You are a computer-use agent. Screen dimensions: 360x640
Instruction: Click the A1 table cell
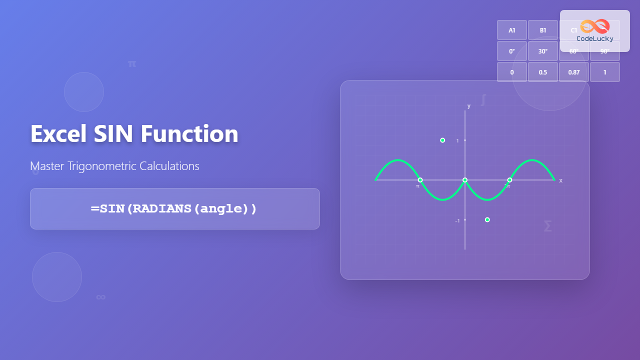click(512, 30)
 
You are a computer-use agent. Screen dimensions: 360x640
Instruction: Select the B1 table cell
click(543, 30)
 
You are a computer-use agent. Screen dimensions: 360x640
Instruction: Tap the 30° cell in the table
click(543, 51)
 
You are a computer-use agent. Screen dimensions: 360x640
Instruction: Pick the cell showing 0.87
click(574, 72)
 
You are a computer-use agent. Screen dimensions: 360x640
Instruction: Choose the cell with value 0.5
click(543, 72)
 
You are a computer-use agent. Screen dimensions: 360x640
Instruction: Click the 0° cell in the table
click(512, 51)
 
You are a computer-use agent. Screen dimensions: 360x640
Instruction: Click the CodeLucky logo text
click(595, 38)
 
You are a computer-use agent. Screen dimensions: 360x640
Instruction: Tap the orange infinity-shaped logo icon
click(595, 26)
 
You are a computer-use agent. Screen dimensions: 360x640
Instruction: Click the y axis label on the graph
click(469, 106)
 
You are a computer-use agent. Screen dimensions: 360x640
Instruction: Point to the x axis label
click(560, 180)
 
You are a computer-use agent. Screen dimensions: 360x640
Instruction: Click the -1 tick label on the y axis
click(457, 220)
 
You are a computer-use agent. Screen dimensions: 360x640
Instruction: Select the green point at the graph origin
click(465, 180)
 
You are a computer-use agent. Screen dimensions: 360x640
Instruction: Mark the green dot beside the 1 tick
click(442, 140)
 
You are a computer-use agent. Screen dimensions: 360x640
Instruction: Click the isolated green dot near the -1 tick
click(487, 220)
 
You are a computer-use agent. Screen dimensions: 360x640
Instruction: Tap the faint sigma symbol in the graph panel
click(547, 226)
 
